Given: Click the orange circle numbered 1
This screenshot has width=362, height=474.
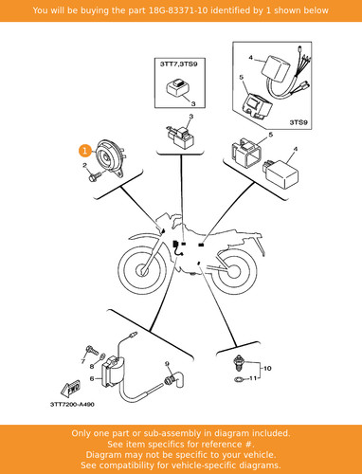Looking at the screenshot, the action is pos(84,151).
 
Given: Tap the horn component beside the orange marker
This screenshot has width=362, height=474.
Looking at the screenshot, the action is pos(110,158).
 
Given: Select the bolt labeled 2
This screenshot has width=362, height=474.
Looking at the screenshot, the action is pos(95,176).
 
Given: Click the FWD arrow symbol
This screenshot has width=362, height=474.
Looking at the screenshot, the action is pos(70,389).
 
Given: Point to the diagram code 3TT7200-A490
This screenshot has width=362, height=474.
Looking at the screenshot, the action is pos(72,404).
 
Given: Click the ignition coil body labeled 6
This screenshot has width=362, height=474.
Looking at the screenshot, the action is pos(112,372).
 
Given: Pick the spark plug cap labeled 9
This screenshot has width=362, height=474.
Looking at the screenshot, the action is pos(173,378).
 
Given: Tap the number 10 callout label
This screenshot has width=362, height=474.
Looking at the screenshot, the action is pos(267,368).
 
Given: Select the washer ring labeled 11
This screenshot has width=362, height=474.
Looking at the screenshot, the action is pos(239,379).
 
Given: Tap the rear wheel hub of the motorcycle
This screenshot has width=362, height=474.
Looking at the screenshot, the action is pos(233,270).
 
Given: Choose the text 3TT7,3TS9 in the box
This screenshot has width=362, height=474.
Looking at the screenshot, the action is pos(179,64).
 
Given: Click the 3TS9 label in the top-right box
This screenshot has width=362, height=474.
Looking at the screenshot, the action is pos(299,122).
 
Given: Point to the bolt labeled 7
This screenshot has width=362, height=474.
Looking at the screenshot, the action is pos(90,351).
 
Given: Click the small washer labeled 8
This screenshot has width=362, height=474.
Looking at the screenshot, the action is pos(101,357).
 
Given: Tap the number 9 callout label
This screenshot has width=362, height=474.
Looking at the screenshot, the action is pos(167,364).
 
